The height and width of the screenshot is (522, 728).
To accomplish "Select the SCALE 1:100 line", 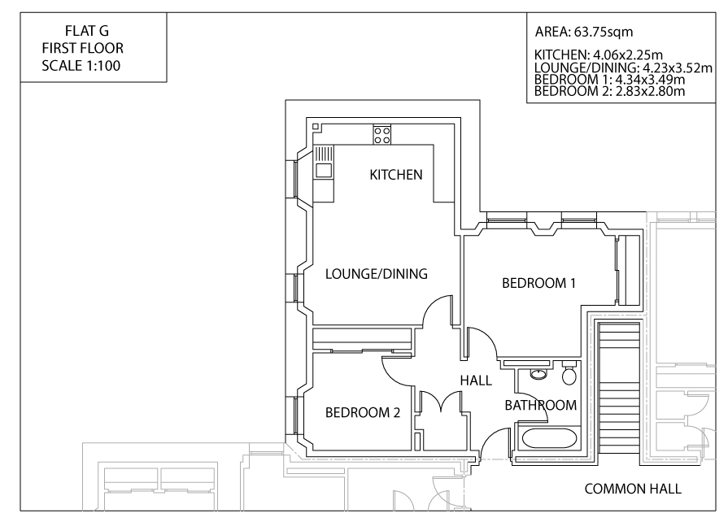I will point(81,66).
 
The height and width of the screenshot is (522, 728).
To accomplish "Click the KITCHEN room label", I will point(396,175).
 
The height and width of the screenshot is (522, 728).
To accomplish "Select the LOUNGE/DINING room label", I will point(376,274).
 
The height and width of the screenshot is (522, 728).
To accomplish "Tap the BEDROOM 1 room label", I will point(538,283).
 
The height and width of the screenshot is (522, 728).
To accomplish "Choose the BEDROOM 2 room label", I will point(363,412).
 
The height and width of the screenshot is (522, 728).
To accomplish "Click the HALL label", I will point(476,380).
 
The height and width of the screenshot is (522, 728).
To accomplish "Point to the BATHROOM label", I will point(540,405).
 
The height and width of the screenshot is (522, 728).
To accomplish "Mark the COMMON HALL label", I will point(633,489).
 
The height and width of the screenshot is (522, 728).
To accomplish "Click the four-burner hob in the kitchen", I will point(381,134).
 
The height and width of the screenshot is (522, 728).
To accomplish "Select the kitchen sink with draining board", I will point(324,162).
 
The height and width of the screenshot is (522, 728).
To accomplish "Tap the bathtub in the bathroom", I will point(549,439).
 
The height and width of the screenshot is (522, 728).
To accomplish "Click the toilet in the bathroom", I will point(569,376).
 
